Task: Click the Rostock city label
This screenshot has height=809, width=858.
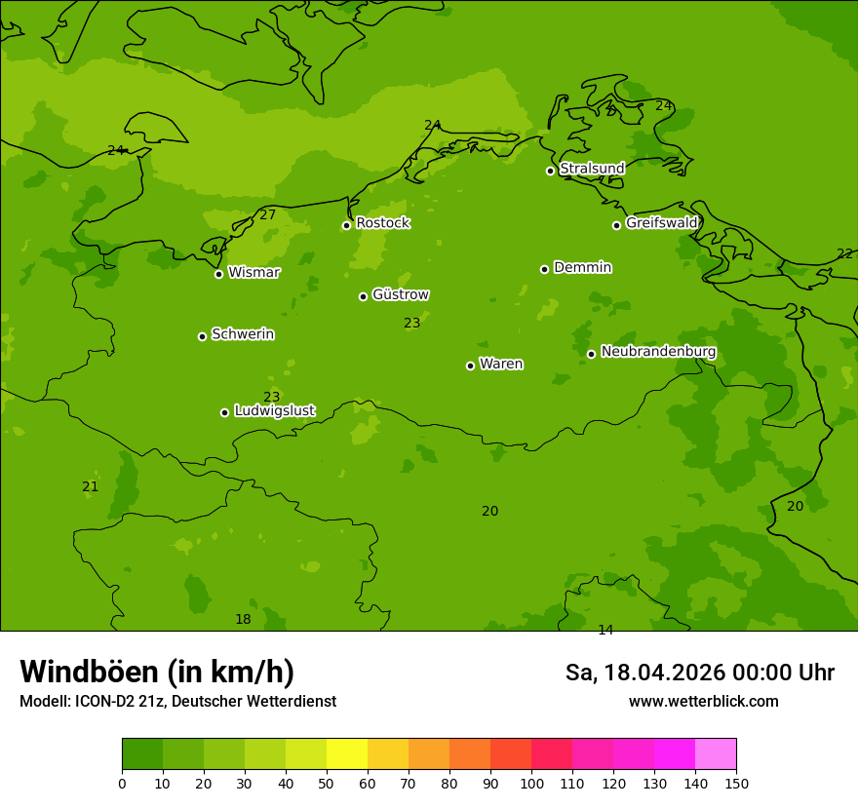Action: point(382,223)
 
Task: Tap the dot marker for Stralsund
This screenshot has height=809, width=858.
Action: point(550,171)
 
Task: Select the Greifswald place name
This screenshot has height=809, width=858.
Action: point(661,223)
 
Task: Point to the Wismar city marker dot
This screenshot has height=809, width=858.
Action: point(218,274)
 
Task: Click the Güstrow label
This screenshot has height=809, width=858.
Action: point(400,294)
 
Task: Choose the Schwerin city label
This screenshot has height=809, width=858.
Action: point(243,334)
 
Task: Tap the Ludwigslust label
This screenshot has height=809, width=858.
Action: point(274,411)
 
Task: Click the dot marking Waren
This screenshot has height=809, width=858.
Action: point(470,366)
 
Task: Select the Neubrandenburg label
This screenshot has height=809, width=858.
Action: point(658,352)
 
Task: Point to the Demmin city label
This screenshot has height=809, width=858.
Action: point(582,267)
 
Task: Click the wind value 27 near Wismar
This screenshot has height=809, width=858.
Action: point(268,214)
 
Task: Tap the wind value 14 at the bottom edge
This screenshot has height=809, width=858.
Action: point(605,630)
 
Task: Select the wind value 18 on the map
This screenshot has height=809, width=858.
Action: point(243,619)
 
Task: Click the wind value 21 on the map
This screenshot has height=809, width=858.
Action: point(90,486)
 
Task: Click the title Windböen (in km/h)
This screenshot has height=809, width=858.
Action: point(157,672)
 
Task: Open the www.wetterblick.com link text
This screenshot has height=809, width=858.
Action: point(703,702)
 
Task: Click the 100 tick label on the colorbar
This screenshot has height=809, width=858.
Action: point(531,784)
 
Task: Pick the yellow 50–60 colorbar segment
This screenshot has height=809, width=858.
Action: point(347,754)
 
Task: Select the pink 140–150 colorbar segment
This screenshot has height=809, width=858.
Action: point(716,754)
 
